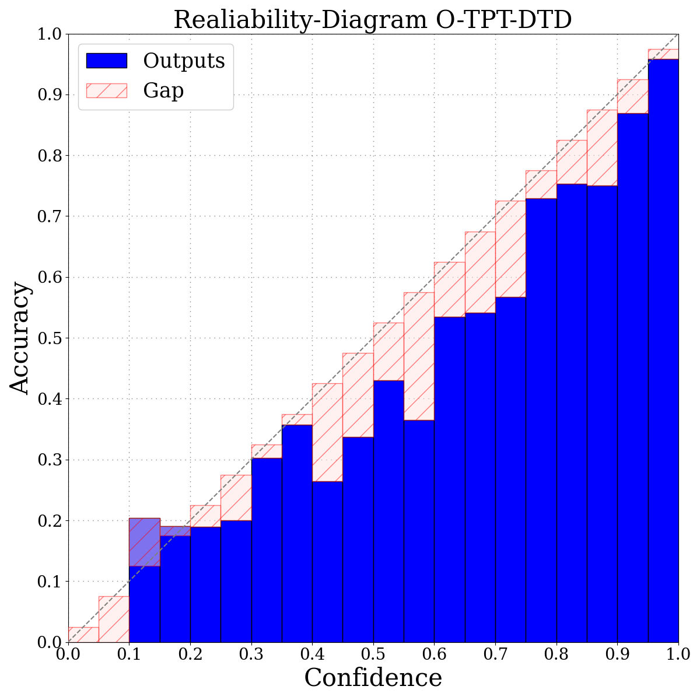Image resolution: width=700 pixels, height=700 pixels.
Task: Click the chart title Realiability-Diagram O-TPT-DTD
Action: point(373,19)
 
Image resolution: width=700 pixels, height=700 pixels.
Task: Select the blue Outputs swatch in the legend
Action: point(106,61)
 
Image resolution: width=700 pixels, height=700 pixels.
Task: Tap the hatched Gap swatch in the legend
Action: point(106,90)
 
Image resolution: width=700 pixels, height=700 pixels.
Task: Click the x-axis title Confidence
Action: point(373,678)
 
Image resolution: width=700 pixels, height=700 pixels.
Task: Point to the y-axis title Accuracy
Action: point(20,338)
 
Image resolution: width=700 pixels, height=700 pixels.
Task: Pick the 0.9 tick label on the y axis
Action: point(49,94)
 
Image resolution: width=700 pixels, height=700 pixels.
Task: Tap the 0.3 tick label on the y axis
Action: point(49,460)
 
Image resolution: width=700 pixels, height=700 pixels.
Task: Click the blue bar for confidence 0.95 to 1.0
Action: point(663,350)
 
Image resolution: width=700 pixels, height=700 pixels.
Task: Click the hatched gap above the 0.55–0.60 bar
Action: point(419,356)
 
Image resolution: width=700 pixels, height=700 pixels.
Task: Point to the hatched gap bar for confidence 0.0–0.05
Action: point(83,635)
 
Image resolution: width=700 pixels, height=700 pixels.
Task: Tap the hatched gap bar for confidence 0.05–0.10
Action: point(114,619)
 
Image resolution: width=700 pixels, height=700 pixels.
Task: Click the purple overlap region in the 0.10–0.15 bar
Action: point(144,542)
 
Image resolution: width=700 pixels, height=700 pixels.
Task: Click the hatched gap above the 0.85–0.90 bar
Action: point(602,148)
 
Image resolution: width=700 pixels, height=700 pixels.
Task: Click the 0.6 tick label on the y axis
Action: point(49,277)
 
